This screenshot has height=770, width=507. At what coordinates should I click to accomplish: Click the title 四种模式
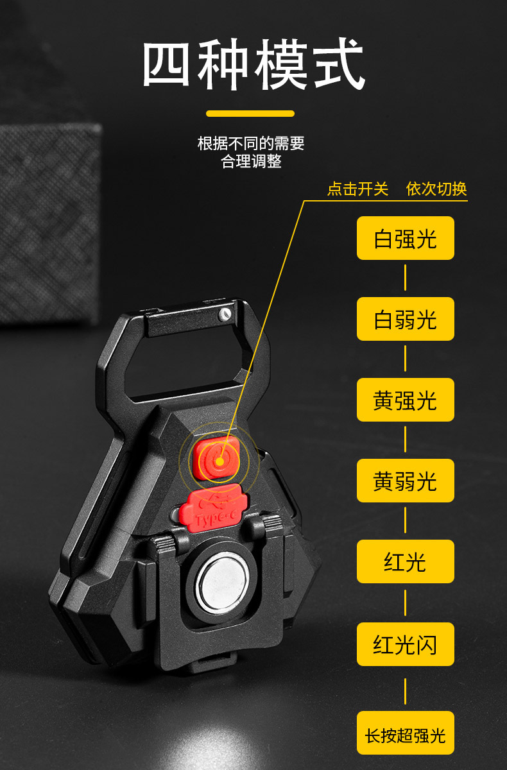pyautogui.click(x=253, y=65)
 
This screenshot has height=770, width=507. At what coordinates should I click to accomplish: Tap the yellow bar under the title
pyautogui.click(x=250, y=114)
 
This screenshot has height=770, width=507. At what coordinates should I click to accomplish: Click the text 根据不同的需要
pyautogui.click(x=251, y=143)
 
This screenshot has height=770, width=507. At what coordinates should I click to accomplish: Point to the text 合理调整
pyautogui.click(x=251, y=161)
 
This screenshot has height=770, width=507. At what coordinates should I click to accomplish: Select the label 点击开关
pyautogui.click(x=357, y=189)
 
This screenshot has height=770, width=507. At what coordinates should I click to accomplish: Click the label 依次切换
pyautogui.click(x=436, y=189)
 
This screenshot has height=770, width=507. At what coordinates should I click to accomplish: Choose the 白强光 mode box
pyautogui.click(x=405, y=238)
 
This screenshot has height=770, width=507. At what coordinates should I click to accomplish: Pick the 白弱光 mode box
pyautogui.click(x=405, y=319)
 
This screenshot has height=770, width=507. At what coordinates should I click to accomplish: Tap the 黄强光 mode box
pyautogui.click(x=405, y=400)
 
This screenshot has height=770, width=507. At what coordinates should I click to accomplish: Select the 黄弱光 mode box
pyautogui.click(x=405, y=481)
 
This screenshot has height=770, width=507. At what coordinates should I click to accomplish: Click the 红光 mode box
pyautogui.click(x=405, y=561)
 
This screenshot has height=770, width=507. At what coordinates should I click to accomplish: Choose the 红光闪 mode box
pyautogui.click(x=405, y=644)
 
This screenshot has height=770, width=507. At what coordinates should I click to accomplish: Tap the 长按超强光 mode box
pyautogui.click(x=405, y=733)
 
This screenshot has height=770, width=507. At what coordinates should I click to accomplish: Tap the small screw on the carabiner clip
pyautogui.click(x=224, y=314)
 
